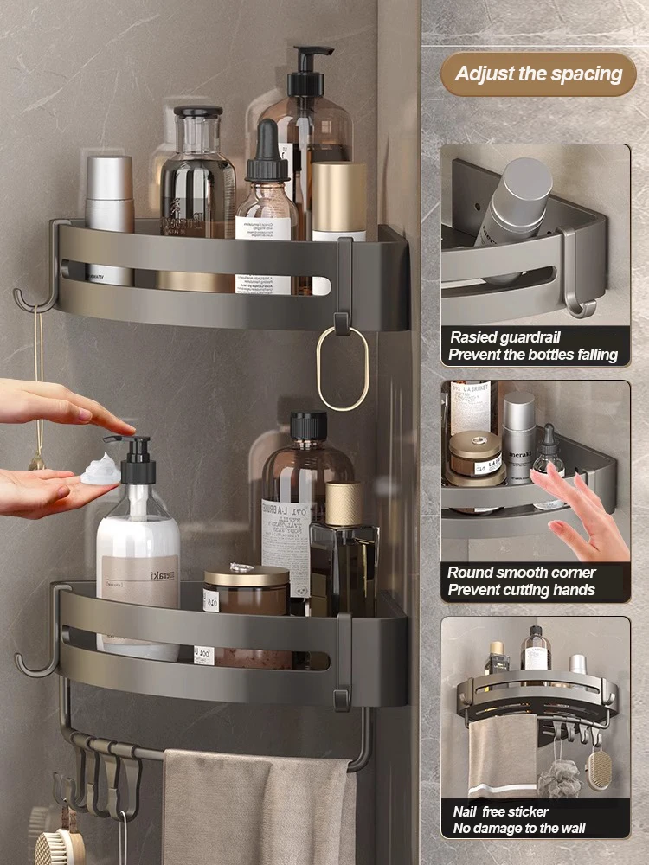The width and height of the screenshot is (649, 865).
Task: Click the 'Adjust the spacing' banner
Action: click(538, 74)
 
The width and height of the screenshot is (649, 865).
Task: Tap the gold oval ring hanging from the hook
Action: click(342, 367)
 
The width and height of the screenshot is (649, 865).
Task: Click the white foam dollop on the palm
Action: click(100, 471)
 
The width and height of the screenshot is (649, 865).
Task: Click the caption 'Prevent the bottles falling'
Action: click(533, 355)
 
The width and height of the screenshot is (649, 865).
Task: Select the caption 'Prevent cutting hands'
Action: click(521, 590)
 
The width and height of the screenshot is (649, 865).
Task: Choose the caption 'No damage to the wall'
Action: click(519, 829)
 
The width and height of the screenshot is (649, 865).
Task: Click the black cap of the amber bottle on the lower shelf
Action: click(308, 425)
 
